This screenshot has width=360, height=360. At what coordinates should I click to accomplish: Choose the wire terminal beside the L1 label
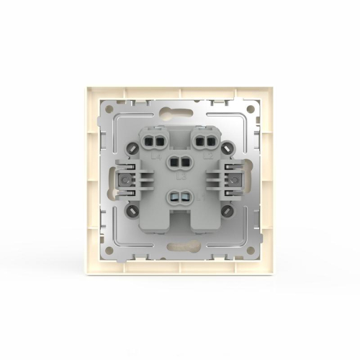tap(180, 195)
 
